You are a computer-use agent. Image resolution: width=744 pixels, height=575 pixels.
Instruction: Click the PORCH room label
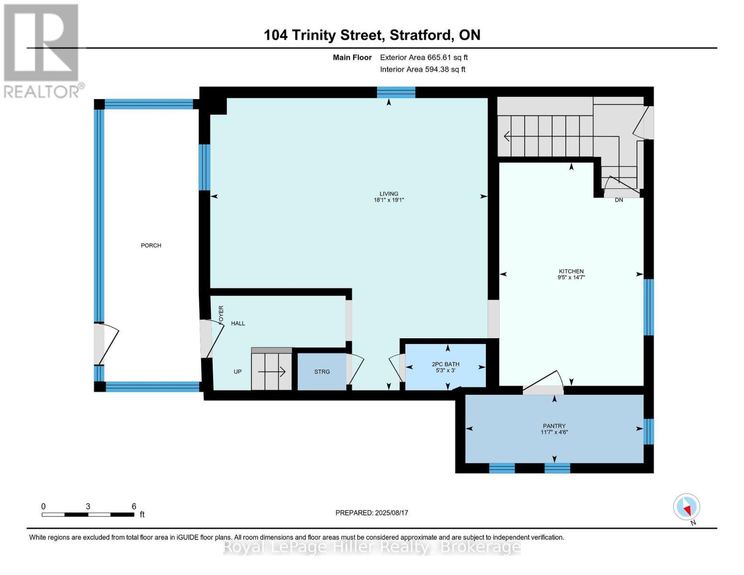[151, 245]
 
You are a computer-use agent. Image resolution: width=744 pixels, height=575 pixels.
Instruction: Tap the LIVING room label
[389, 194]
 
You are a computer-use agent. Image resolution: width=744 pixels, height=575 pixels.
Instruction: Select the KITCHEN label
[571, 271]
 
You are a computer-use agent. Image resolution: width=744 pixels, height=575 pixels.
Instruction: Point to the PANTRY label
[554, 426]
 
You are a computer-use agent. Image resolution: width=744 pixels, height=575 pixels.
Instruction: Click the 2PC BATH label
[446, 364]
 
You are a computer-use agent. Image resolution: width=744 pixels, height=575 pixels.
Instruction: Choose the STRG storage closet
[322, 372]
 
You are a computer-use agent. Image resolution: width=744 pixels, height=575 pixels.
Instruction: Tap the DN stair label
[619, 200]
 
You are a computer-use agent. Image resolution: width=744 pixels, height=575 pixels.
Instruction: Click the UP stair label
[238, 372]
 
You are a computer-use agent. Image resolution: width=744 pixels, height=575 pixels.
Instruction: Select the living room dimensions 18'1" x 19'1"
[389, 200]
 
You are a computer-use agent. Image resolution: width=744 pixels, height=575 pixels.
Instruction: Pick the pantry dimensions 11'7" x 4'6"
[554, 432]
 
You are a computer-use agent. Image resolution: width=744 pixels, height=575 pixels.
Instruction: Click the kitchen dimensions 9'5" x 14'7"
[571, 277]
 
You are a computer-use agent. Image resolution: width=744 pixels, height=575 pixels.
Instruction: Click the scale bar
[88, 515]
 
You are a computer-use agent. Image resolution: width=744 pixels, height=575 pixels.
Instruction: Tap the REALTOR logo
[42, 50]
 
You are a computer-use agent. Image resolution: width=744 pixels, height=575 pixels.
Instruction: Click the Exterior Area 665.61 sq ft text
[424, 57]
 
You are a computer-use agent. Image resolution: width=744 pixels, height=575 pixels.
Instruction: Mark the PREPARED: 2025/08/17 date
[372, 513]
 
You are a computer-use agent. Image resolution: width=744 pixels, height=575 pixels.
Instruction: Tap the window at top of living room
[396, 92]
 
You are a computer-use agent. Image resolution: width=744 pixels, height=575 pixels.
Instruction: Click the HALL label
[238, 323]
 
